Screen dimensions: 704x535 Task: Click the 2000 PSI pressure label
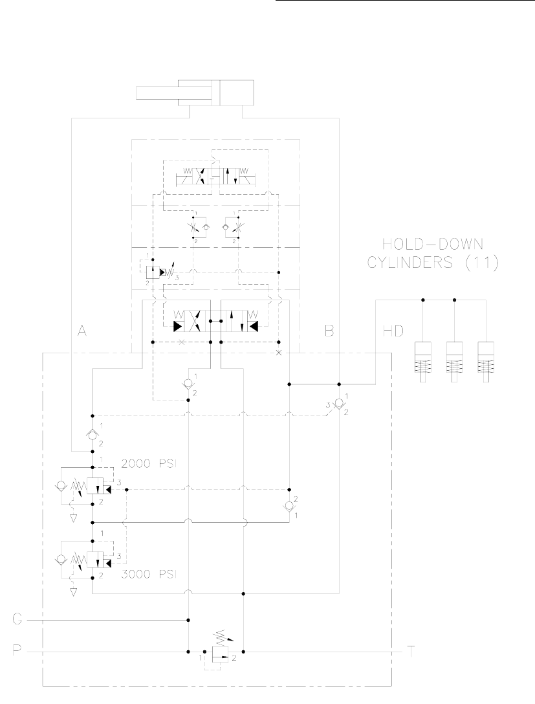pyautogui.click(x=149, y=463)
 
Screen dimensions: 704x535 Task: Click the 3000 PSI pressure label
pyautogui.click(x=149, y=573)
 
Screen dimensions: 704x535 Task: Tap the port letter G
pyautogui.click(x=19, y=620)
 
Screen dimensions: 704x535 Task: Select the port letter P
pyautogui.click(x=19, y=650)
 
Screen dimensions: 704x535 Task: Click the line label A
pyautogui.click(x=82, y=331)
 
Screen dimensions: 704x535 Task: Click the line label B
pyautogui.click(x=329, y=331)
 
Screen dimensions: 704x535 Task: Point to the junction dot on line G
pyautogui.click(x=188, y=620)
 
